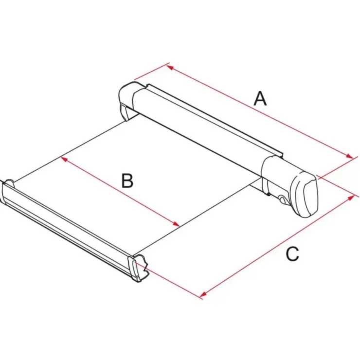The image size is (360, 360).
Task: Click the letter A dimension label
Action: click(260, 98)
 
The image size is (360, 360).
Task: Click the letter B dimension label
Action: click(127, 180)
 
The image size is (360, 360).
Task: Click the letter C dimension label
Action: click(292, 253)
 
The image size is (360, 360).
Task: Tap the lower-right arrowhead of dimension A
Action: click(350, 156)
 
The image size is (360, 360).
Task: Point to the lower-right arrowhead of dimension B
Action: click(176, 224)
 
